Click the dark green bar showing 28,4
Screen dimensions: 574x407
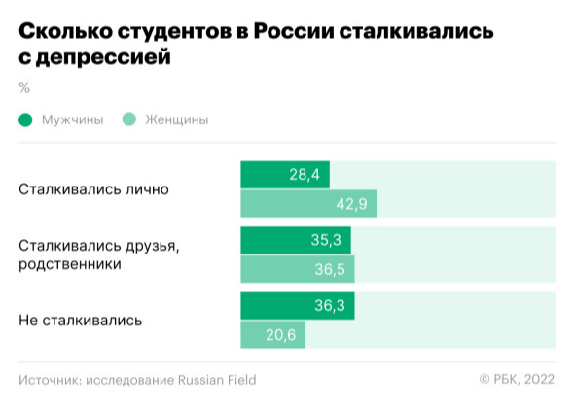(285, 175)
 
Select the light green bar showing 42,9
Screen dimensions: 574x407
(308, 204)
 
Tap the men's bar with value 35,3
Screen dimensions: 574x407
(296, 240)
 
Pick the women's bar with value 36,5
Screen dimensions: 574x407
(298, 269)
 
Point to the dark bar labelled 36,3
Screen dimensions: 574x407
(298, 306)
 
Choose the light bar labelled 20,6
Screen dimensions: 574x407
(273, 335)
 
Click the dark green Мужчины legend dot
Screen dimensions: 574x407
(25, 119)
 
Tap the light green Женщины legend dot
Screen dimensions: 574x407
(129, 119)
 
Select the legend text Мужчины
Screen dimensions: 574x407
(73, 119)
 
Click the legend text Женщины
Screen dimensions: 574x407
(177, 119)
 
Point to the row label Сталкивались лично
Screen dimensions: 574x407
(93, 189)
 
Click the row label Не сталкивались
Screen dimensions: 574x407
(81, 321)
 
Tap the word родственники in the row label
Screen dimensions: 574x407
(70, 264)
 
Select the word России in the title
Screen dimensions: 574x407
(294, 31)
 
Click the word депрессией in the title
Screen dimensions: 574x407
(103, 57)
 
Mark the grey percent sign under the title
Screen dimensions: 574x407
(24, 87)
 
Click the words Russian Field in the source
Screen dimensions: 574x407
(217, 380)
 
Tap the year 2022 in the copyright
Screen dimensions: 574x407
(539, 379)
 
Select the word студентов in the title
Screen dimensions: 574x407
(174, 32)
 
